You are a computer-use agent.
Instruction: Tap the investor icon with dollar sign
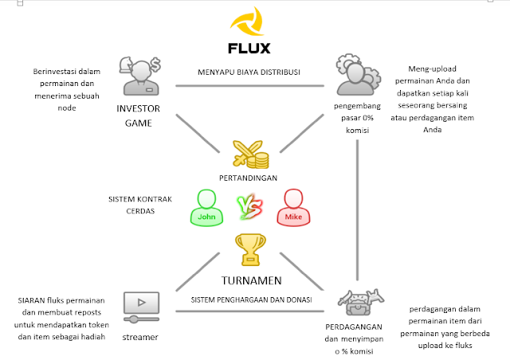coord(140,75)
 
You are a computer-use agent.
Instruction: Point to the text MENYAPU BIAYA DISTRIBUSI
coord(249,72)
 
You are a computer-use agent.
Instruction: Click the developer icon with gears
coord(355,75)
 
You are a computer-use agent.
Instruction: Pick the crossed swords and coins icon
coord(249,154)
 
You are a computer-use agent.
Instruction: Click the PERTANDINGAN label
coord(249,178)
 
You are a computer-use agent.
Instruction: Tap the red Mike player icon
coord(292,208)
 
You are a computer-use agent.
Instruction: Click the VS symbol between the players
coord(249,208)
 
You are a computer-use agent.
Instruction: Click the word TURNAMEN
coord(249,280)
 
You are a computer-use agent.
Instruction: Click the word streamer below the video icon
coord(140,337)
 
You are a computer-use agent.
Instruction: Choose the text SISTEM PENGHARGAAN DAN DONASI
coord(249,299)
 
